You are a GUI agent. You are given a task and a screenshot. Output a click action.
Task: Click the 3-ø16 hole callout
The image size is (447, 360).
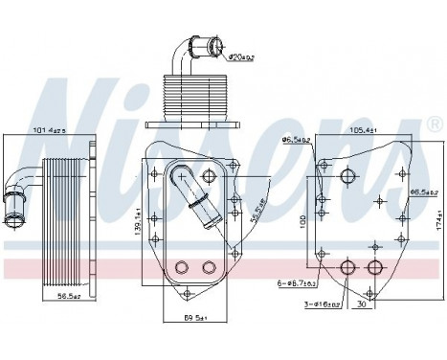pyautogui.click(x=324, y=304)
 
